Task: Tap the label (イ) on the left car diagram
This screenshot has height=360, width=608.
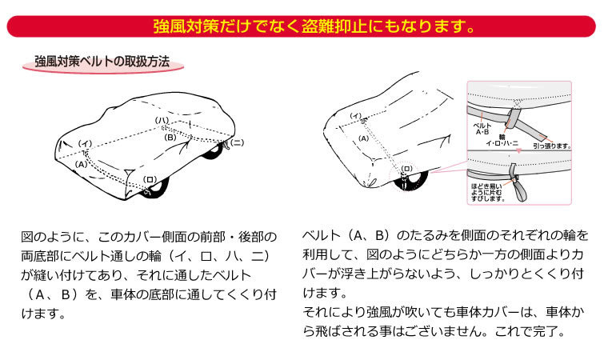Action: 86,143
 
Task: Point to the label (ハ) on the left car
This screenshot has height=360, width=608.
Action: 162,121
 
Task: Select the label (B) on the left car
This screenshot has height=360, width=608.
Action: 170,137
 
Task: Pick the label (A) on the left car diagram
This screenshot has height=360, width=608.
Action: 80,163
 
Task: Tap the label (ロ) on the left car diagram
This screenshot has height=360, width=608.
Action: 149,179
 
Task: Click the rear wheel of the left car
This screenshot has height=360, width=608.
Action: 213,150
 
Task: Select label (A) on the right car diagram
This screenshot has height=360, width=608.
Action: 362,138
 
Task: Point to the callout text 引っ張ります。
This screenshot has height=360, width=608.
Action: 552,146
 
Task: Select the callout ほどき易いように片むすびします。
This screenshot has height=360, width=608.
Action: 487,192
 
